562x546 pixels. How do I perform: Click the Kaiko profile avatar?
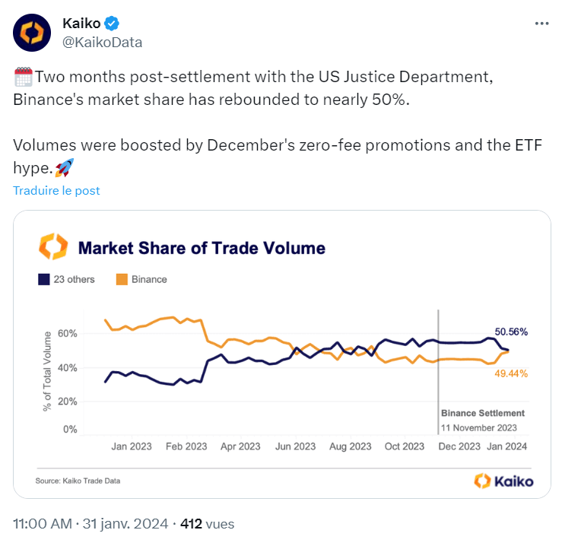pos(31,32)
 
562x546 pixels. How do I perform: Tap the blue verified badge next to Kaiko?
pos(112,24)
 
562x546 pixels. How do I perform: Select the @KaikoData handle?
pos(102,42)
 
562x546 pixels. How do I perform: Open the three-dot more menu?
pos(541,24)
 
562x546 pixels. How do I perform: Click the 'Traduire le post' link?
pos(56,190)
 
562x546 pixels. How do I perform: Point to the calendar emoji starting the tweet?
pos(22,78)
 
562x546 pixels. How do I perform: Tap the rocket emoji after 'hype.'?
pos(65,167)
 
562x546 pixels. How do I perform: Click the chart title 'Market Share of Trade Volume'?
pos(202,248)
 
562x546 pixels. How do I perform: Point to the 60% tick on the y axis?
pos(68,334)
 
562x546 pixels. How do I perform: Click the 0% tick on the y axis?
pos(71,430)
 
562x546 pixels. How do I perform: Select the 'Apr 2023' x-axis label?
pos(240,446)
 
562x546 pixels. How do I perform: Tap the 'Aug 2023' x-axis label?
pos(351,446)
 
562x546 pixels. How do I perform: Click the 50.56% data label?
pos(511,332)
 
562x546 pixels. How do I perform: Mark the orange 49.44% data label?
pos(511,373)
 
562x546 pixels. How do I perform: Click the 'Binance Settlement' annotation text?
pos(483,413)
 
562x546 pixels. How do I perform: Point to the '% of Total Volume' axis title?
pos(47,370)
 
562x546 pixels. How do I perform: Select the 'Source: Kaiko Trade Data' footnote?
pos(78,481)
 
